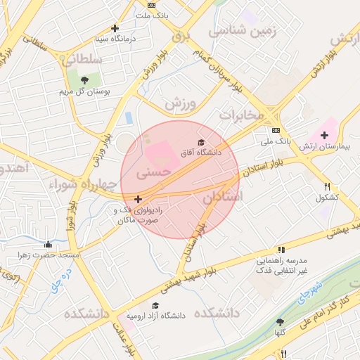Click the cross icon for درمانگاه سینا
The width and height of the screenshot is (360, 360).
point(115,29)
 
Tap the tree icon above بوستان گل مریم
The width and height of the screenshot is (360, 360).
point(85,79)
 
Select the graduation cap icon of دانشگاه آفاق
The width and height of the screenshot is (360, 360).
point(202,142)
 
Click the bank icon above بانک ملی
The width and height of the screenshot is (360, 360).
point(276,130)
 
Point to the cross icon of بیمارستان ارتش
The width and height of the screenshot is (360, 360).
point(324,135)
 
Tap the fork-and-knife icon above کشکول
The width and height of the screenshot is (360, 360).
point(328,187)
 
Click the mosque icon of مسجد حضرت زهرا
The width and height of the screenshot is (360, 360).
point(48,245)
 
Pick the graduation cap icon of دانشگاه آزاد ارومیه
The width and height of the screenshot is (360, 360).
point(155,305)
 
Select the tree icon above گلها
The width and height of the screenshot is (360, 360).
point(281,322)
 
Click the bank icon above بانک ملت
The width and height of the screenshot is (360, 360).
point(152,5)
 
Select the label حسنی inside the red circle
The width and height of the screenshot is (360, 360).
point(153,170)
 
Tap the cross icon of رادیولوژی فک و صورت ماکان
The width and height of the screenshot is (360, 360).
point(137,200)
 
